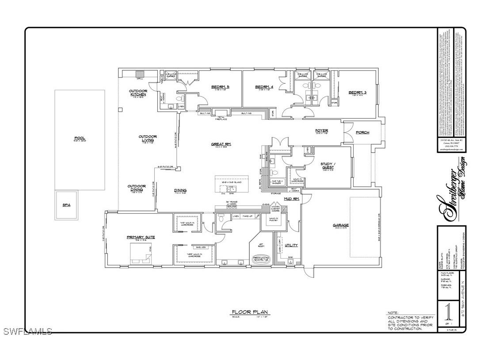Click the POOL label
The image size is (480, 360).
click(80, 138)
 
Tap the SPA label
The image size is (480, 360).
click(66, 205)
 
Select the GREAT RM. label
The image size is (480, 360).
click(221, 144)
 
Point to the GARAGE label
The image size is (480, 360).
click(341, 225)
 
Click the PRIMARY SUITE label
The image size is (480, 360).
click(141, 237)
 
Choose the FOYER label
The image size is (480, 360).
click(321, 130)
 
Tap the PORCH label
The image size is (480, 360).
click(362, 132)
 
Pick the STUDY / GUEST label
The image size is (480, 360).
click(328, 165)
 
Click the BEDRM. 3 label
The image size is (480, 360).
click(358, 92)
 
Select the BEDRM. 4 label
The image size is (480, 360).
click(264, 87)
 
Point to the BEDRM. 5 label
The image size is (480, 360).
click(220, 87)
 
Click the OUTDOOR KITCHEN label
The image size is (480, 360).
click(138, 93)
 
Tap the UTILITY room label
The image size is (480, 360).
click(291, 245)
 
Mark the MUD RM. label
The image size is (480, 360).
click(292, 199)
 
